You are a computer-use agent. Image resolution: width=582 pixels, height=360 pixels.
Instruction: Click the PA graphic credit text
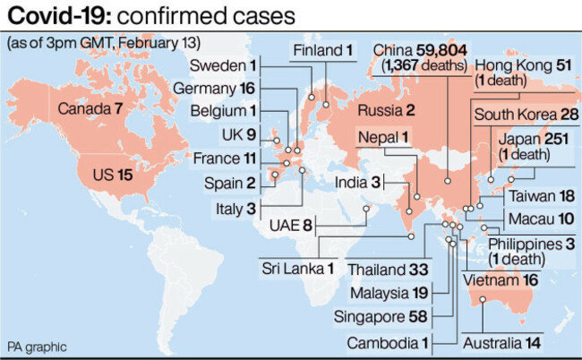coord(38,346)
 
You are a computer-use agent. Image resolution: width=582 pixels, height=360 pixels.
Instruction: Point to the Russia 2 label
coord(385,110)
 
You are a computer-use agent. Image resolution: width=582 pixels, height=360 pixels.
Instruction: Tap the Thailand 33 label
coord(389,268)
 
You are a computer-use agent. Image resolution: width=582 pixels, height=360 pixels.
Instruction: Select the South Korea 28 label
coord(526,115)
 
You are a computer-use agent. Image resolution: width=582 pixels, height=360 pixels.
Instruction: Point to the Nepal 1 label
coord(383,136)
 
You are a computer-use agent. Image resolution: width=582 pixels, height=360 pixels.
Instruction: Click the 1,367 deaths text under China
coord(424,65)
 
